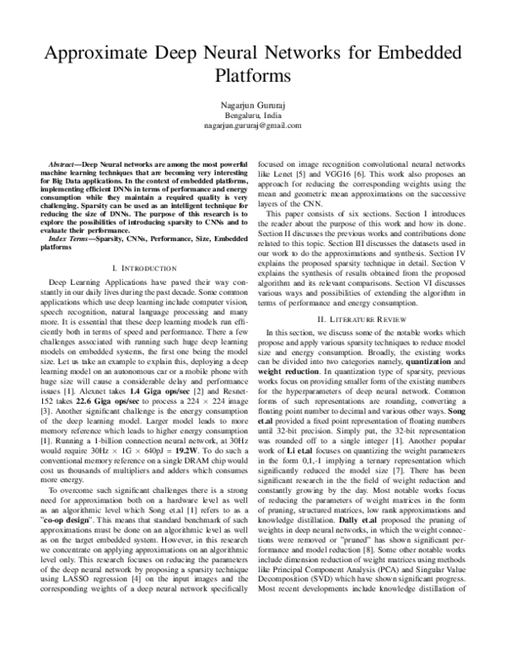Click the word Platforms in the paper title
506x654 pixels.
(x=252, y=74)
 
